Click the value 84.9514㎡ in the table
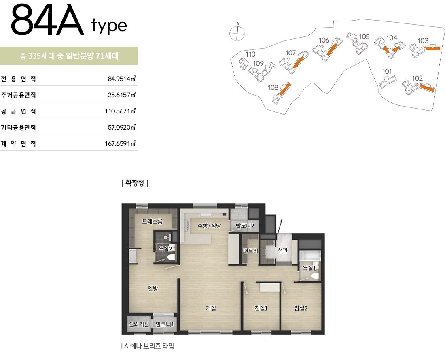(121, 79)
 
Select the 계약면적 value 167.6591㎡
(120, 143)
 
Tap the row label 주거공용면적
(19, 95)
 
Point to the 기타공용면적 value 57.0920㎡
(121, 127)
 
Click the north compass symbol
(237, 32)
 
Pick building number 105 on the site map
(364, 37)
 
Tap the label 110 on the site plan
(250, 54)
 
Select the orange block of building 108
(285, 89)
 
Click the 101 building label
(387, 71)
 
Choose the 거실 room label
(211, 308)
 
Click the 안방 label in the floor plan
(153, 288)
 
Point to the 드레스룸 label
(153, 222)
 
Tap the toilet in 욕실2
(171, 257)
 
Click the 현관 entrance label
(282, 251)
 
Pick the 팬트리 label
(250, 251)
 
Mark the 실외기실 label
(139, 324)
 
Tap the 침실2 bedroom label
(301, 308)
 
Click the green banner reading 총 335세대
(69, 56)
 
